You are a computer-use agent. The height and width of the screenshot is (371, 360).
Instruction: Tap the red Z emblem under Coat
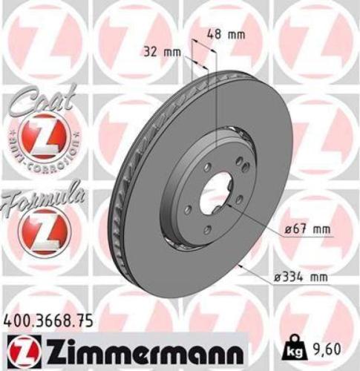point(37,139)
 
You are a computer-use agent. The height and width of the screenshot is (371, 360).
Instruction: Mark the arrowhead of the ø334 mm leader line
point(237,266)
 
